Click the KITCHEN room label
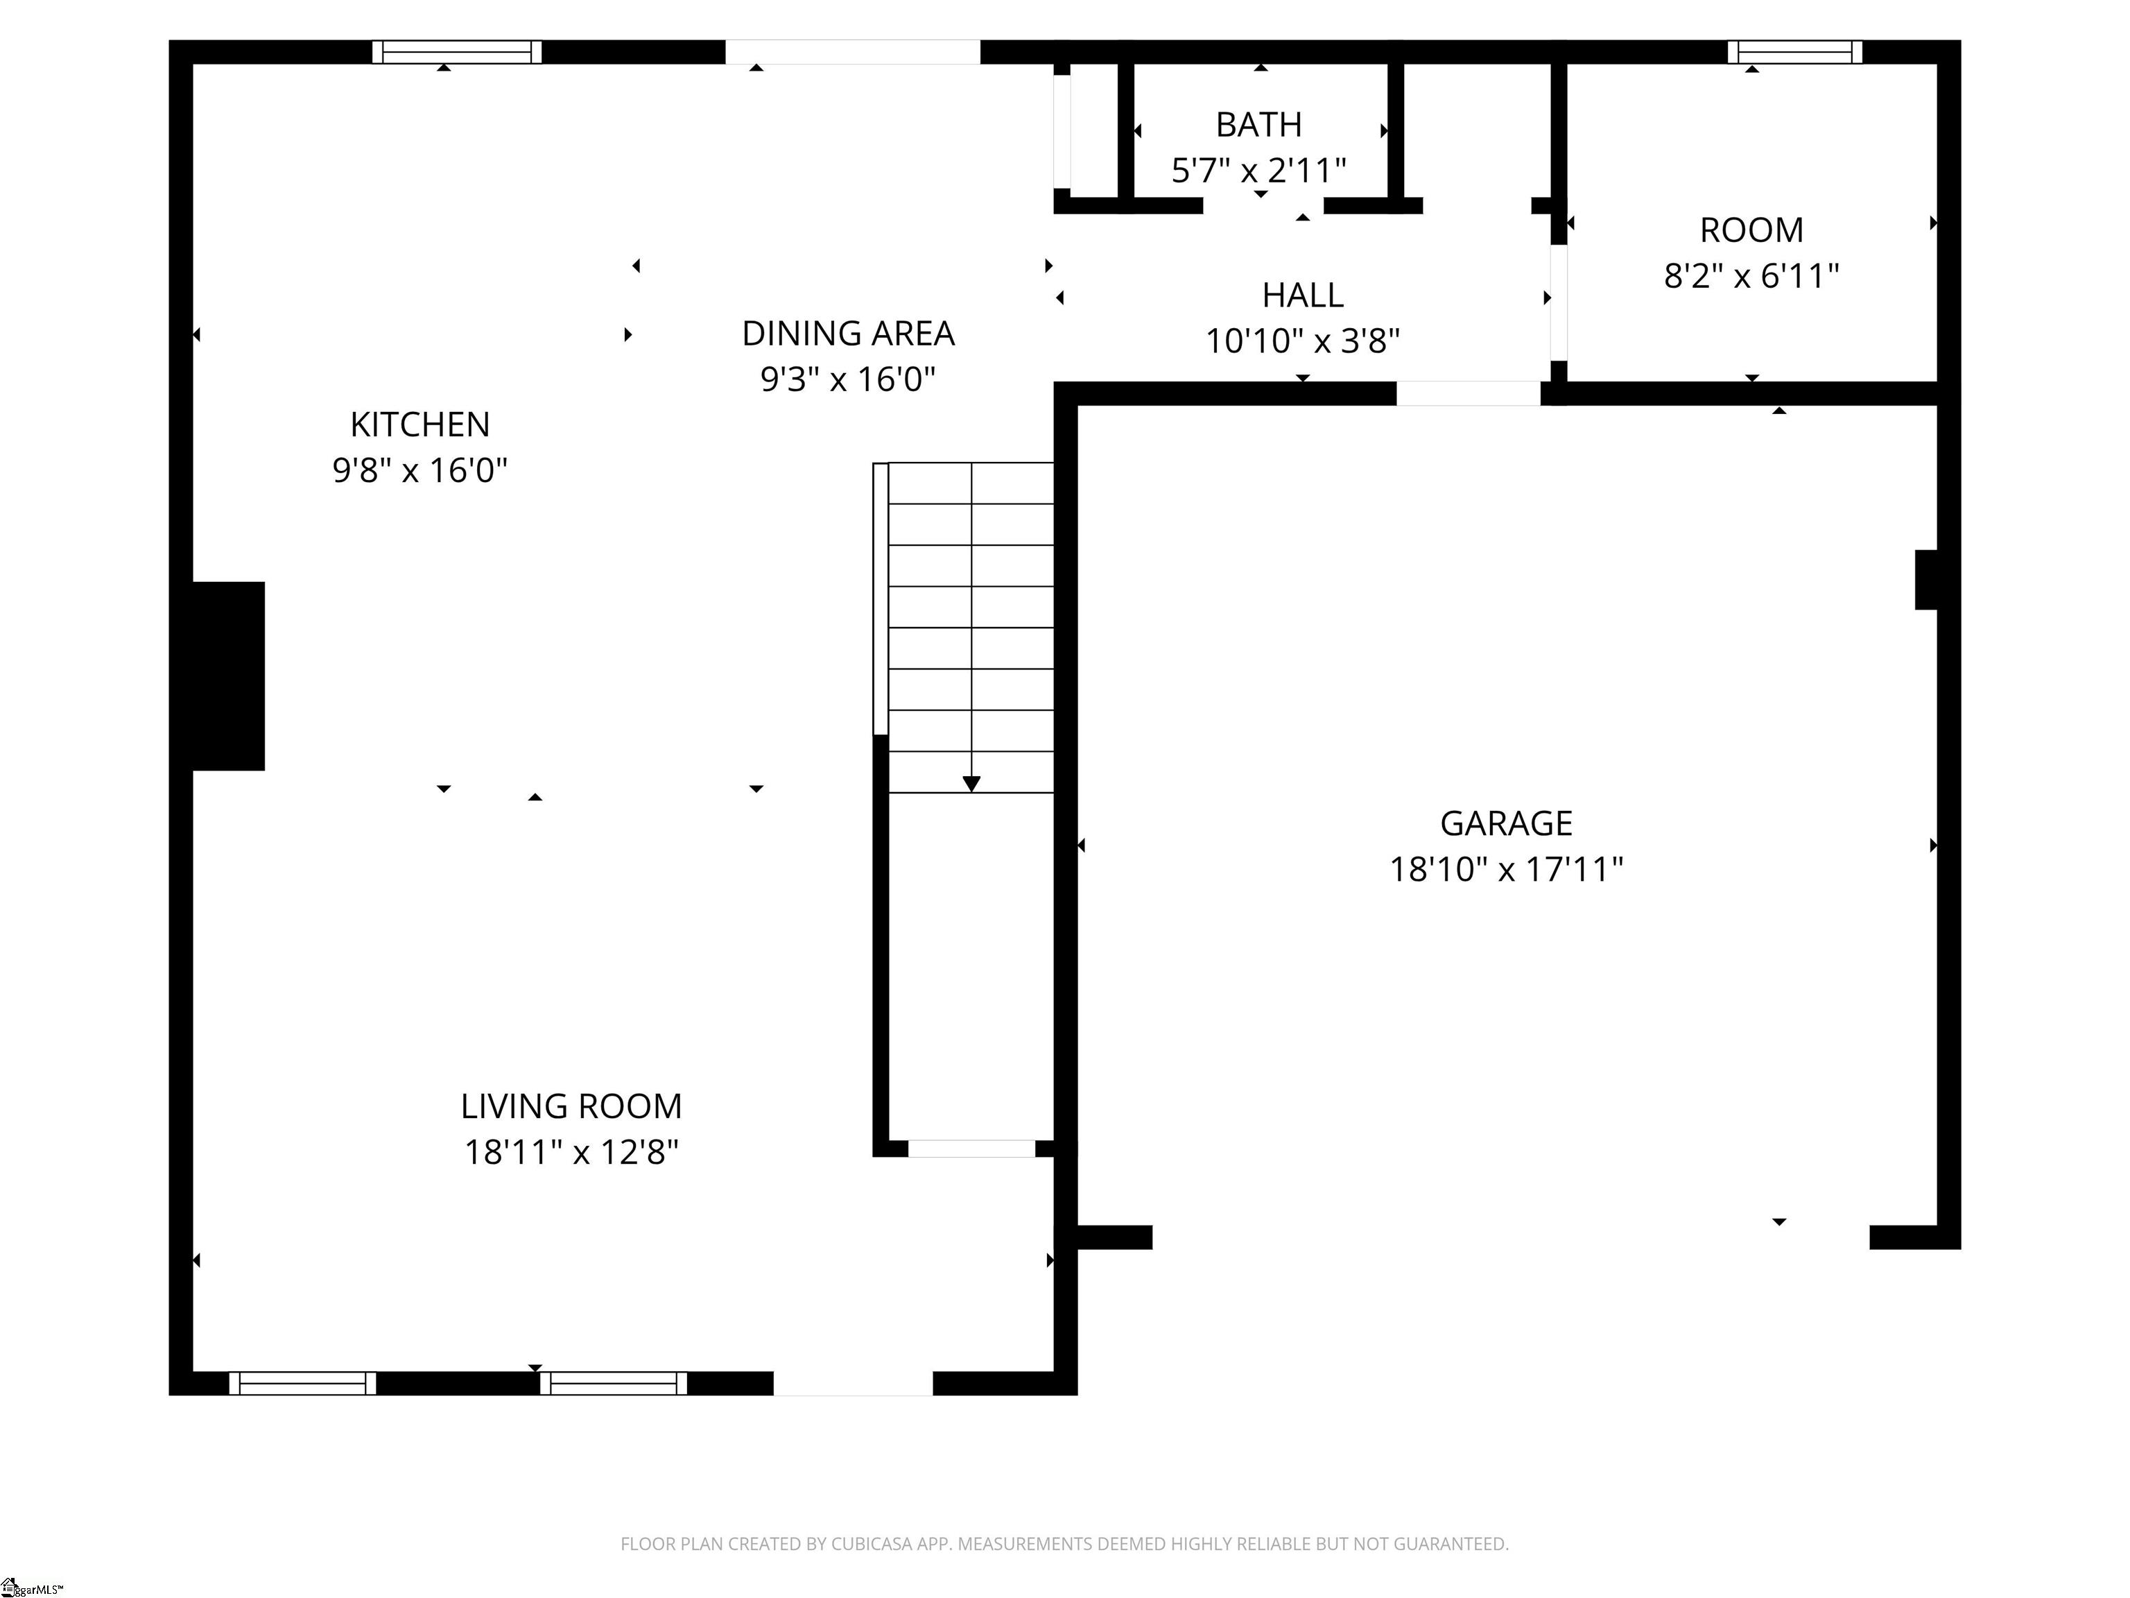tap(420, 424)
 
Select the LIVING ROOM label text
tap(571, 1106)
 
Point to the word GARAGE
tap(1506, 823)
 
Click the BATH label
tap(1258, 124)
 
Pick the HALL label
tap(1303, 295)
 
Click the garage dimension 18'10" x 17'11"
tap(1506, 870)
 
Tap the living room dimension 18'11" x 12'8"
tap(571, 1152)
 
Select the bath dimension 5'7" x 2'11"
tap(1258, 171)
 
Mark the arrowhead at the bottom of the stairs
tap(971, 784)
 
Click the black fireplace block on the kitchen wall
tap(228, 676)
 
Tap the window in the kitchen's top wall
tap(458, 52)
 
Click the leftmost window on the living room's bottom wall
tap(302, 1383)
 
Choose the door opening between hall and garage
tap(1469, 393)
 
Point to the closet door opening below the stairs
tap(971, 1148)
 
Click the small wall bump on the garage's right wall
tap(1926, 580)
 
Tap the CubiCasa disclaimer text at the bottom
tap(1064, 1544)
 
